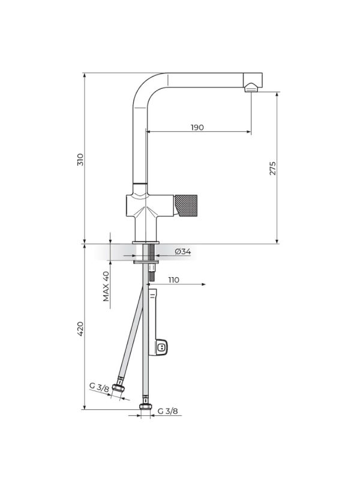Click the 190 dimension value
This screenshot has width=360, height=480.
pyautogui.click(x=197, y=127)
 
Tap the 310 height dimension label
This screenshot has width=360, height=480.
pyautogui.click(x=80, y=160)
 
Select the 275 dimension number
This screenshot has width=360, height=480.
pyautogui.click(x=272, y=169)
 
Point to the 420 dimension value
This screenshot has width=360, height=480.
pyautogui.click(x=80, y=329)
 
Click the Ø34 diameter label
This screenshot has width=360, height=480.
pyautogui.click(x=183, y=251)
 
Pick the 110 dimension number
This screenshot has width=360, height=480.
pyautogui.click(x=173, y=280)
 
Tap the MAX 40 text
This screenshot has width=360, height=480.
pyautogui.click(x=106, y=286)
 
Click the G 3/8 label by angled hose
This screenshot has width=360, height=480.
pyautogui.click(x=99, y=388)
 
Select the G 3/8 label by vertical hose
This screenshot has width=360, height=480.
pyautogui.click(x=167, y=411)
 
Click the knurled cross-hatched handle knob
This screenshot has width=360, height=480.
pyautogui.click(x=185, y=205)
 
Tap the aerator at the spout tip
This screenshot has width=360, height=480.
pyautogui.click(x=251, y=88)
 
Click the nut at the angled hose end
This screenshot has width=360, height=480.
pyautogui.click(x=118, y=388)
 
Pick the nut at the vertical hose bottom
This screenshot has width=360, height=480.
pyautogui.click(x=146, y=407)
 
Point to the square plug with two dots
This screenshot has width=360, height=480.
pyautogui.click(x=161, y=347)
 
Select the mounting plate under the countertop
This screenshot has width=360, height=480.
pyautogui.click(x=146, y=262)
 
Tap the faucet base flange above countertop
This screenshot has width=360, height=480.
pyautogui.click(x=146, y=242)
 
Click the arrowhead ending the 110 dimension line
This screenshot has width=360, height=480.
pyautogui.click(x=203, y=284)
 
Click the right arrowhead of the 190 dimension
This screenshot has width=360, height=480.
pyautogui.click(x=249, y=132)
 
